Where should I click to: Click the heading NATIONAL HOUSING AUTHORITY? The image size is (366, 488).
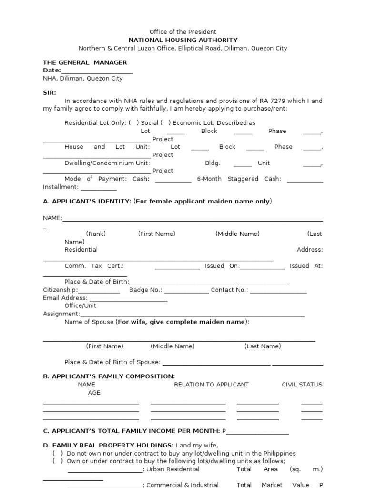[x=183, y=40]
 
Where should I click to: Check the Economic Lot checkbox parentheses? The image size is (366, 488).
[x=166, y=122]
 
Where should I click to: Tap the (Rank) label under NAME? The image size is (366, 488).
[x=96, y=234]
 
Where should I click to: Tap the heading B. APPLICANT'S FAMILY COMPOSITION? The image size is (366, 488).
[x=109, y=376]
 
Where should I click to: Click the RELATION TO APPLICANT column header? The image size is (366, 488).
[x=211, y=384]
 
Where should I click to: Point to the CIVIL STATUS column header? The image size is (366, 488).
[x=302, y=384]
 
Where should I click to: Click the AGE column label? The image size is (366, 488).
[x=94, y=393]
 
